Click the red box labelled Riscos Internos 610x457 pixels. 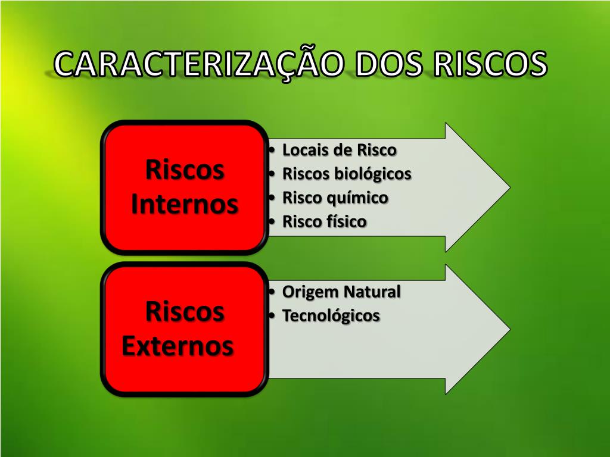tap(185, 187)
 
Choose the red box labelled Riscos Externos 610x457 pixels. tap(185, 328)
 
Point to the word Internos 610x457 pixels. tap(185, 204)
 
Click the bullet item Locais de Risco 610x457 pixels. tap(339, 149)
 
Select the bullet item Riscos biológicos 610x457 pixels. tap(347, 174)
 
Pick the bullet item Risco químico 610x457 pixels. tap(335, 198)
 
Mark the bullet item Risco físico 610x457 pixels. tap(324, 222)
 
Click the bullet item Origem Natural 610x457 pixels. tap(341, 292)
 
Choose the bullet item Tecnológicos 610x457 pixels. tap(331, 315)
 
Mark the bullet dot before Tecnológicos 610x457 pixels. tap(272, 316)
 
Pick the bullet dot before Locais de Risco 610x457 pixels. tap(272, 150)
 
